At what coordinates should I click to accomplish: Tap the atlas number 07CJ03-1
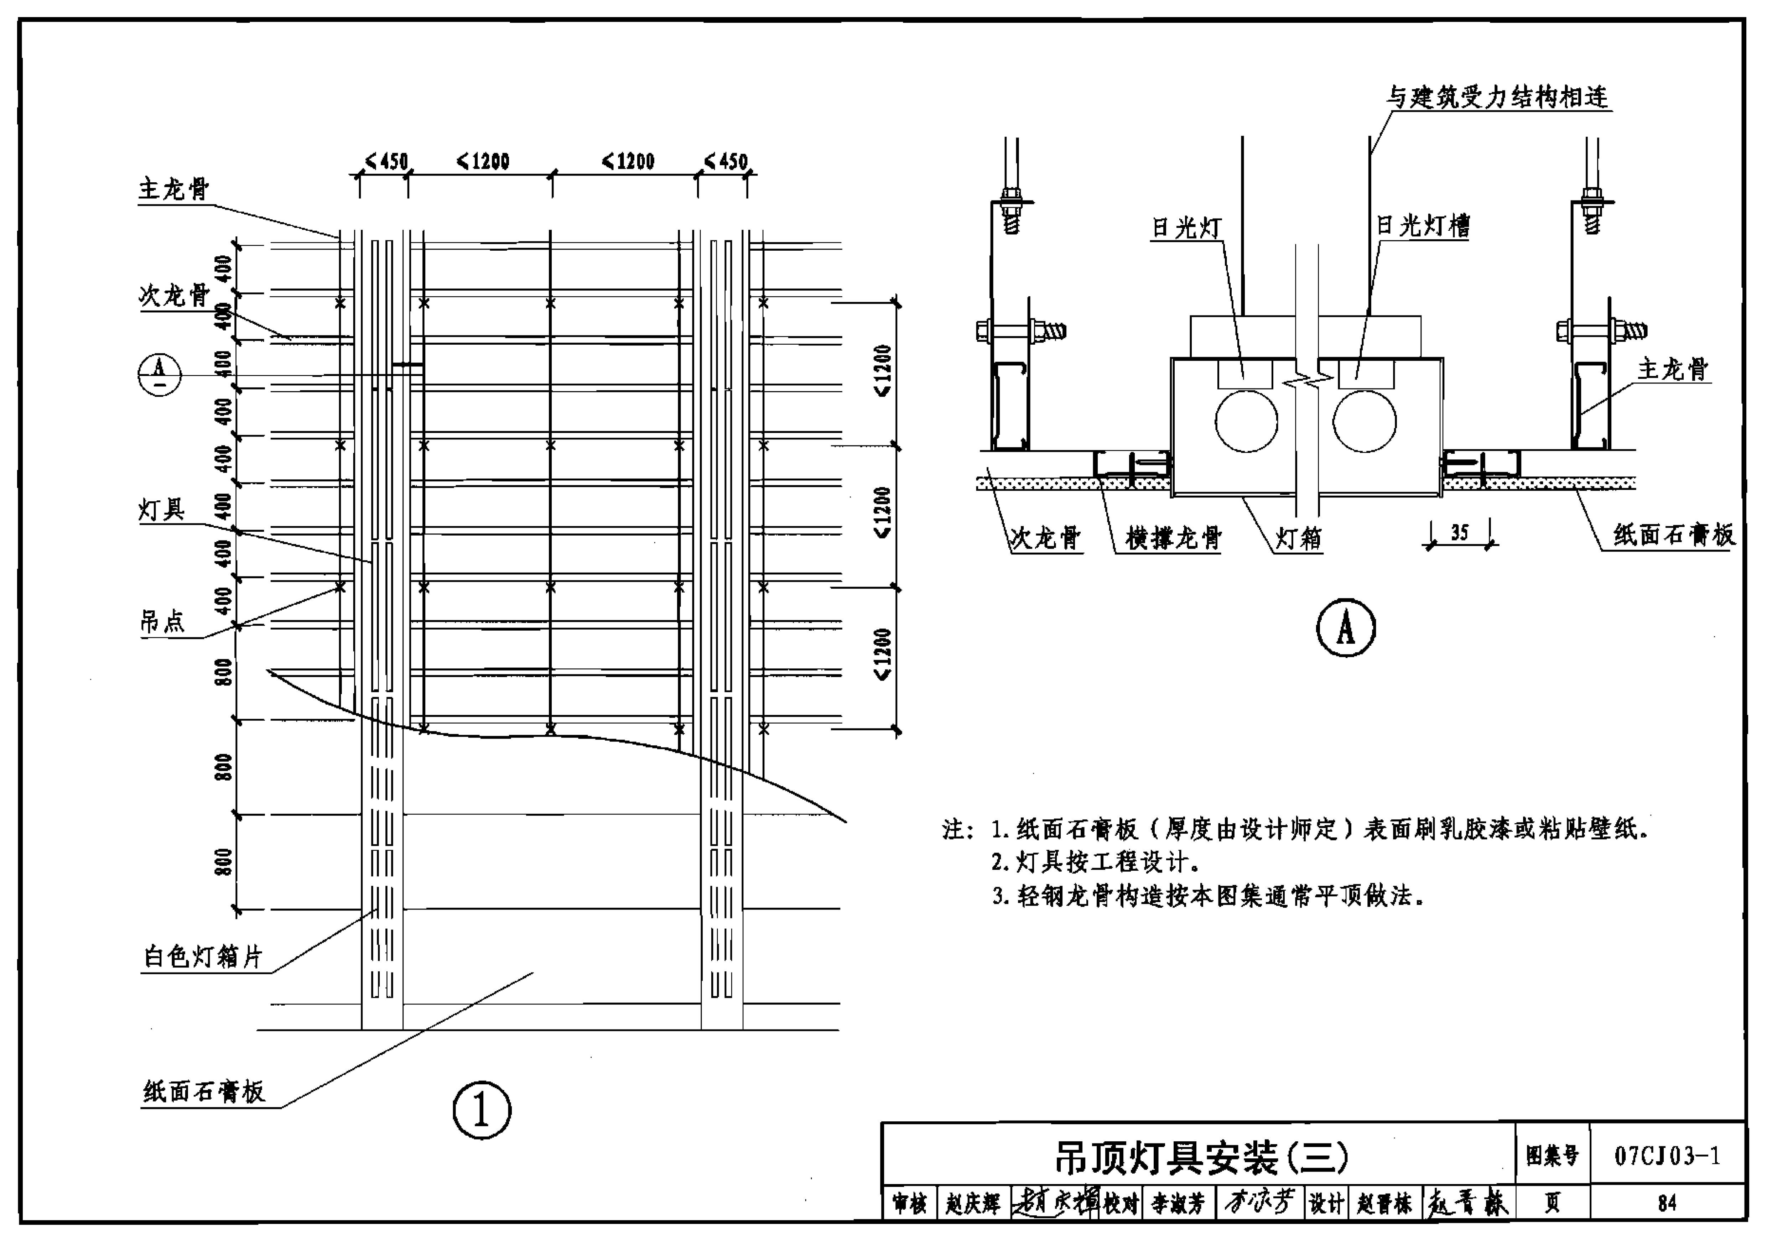1667,1156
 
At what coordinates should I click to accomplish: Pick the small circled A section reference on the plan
159,375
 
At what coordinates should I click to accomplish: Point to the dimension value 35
1460,532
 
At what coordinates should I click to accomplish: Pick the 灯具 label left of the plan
162,509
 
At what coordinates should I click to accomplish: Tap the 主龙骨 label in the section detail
1673,369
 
